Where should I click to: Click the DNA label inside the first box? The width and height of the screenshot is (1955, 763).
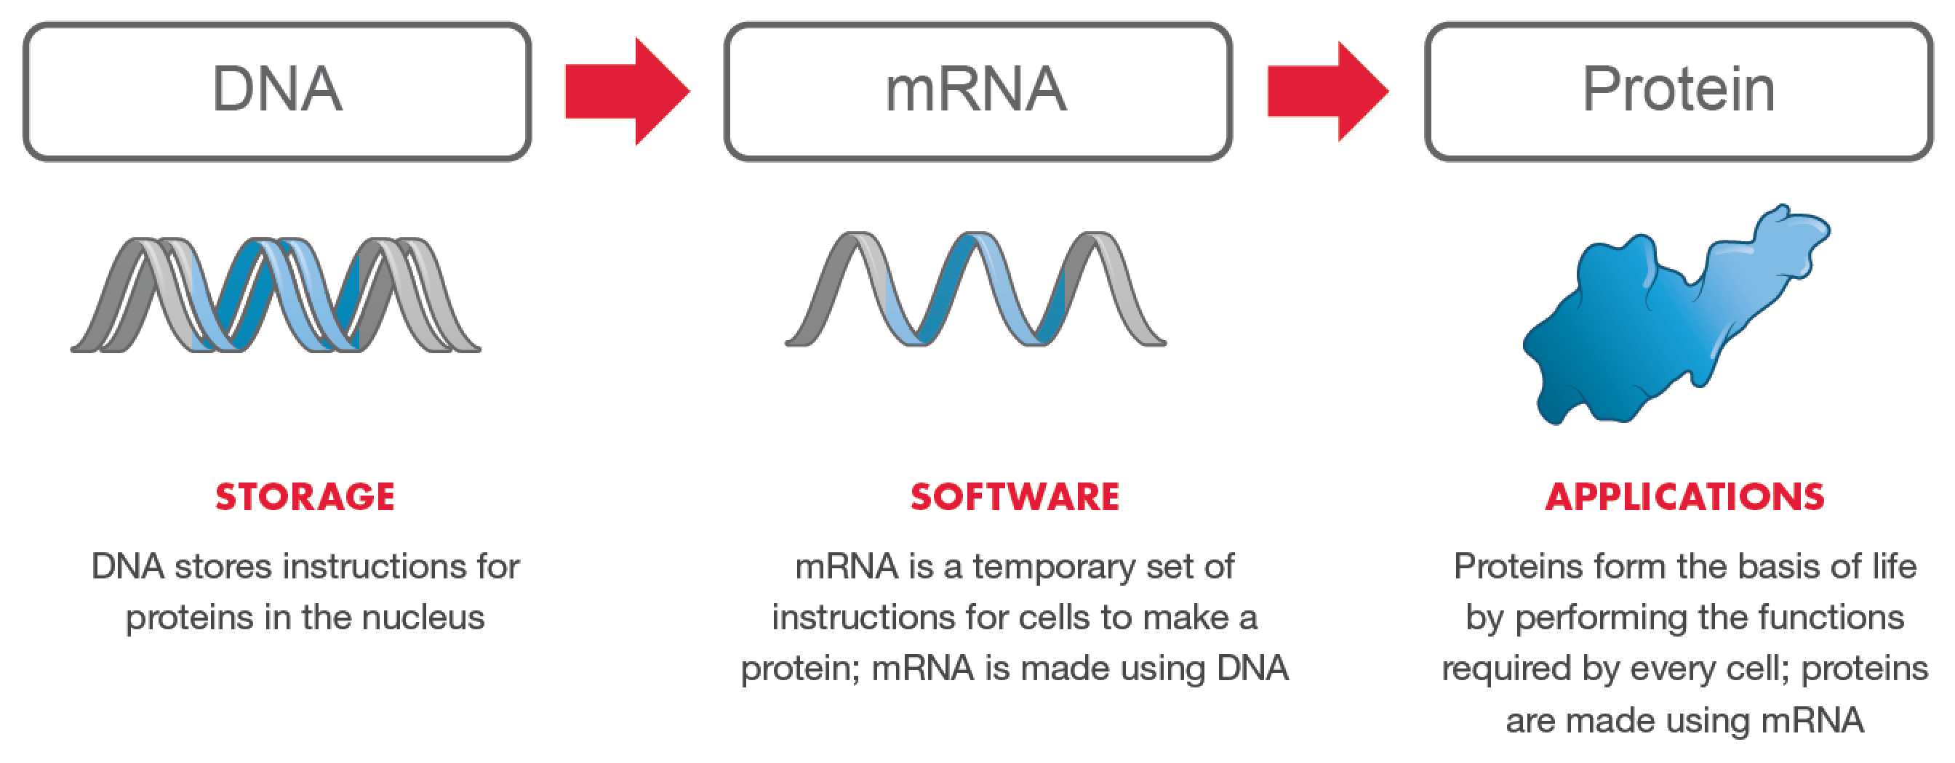click(x=277, y=89)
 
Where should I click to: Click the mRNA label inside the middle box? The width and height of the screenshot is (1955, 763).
click(x=976, y=89)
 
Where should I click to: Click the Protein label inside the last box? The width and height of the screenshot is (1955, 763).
click(x=1678, y=89)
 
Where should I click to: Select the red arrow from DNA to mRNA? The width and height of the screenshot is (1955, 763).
click(x=627, y=91)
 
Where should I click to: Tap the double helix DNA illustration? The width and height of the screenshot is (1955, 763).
click(x=276, y=296)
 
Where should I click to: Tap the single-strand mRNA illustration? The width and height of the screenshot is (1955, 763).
click(x=975, y=291)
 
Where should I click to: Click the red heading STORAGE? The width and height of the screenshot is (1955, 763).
click(x=305, y=498)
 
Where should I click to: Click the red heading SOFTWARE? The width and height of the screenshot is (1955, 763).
click(x=1015, y=498)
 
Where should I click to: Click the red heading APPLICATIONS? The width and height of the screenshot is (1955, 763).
click(x=1685, y=498)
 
